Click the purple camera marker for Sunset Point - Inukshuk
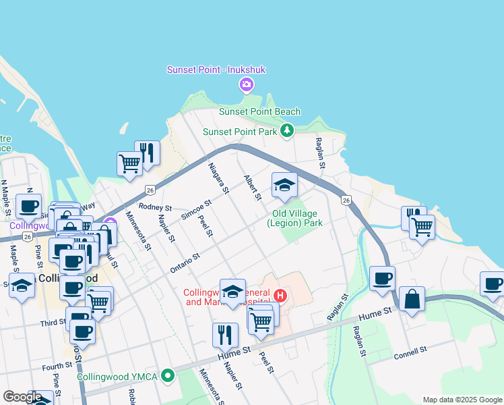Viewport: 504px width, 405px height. click(246, 84)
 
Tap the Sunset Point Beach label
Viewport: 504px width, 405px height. click(259, 111)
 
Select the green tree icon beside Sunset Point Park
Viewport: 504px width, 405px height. click(288, 130)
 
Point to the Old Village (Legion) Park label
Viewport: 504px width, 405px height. click(295, 217)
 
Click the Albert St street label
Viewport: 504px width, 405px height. click(252, 187)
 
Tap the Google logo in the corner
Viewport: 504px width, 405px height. click(22, 397)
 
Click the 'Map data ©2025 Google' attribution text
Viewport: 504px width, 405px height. click(462, 400)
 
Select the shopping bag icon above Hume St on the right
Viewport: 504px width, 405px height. click(412, 299)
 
